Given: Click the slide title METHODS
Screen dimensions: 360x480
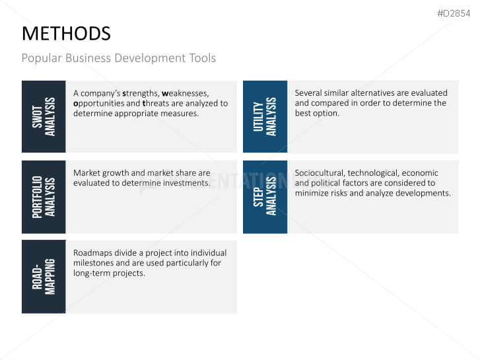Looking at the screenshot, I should pos(66,34).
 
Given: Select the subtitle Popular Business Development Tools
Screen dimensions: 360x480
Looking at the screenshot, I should pos(118,58).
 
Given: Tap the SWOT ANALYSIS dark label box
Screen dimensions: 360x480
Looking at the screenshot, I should pos(44,117).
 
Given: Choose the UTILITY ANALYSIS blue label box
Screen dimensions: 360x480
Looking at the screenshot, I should pos(265,117).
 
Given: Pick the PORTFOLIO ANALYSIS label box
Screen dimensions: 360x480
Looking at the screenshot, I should pos(44,197).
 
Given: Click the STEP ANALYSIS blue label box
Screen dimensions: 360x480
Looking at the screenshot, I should pos(265,197).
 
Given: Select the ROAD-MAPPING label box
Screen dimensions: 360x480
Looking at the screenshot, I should pos(44,277).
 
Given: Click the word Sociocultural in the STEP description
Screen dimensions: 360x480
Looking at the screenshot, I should pos(320,173).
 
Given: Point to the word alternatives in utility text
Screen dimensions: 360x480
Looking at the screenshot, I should pos(376,93).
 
